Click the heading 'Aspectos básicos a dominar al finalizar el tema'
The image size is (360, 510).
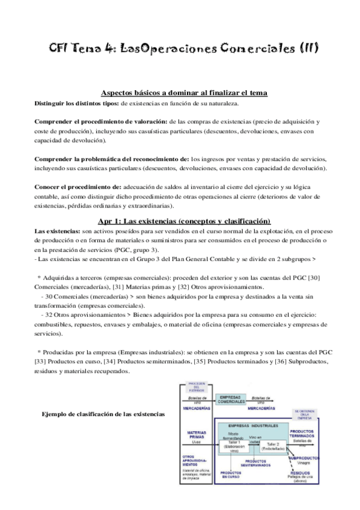[185, 93]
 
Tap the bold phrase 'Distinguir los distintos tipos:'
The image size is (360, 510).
[77, 103]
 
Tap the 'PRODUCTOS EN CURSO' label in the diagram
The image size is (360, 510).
[230, 476]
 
